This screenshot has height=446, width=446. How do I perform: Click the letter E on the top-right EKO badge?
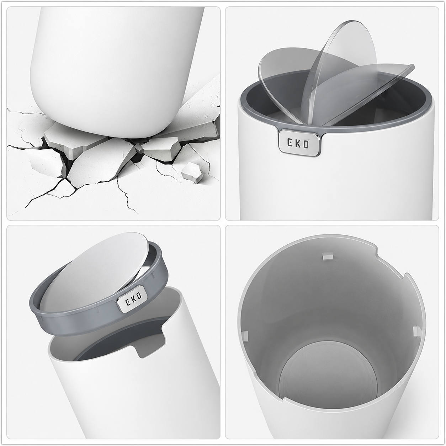point(290,143)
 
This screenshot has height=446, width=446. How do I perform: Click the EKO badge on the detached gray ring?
point(131,299)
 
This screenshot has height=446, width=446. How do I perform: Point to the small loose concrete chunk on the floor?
point(191,172)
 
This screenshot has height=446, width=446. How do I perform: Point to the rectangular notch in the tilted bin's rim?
point(150,345)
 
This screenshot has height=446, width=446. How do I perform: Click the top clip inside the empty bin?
point(326,256)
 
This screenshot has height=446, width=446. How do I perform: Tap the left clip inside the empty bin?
point(245,336)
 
